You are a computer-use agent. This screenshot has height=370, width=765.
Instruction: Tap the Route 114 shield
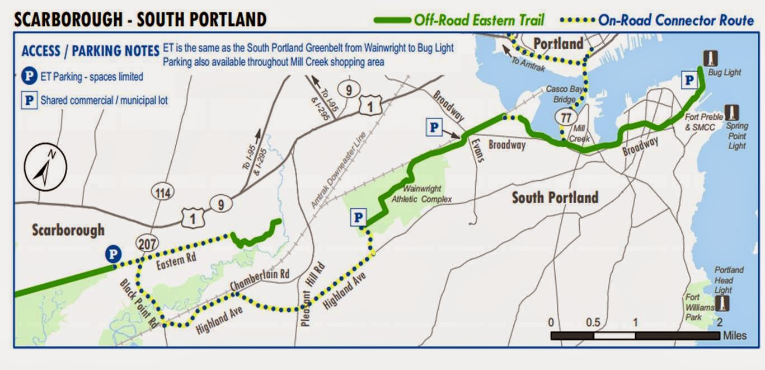click(x=162, y=193)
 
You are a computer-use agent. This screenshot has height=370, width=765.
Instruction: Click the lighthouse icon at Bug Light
click(x=710, y=58)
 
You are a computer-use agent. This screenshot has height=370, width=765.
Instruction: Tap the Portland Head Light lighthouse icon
click(x=724, y=303)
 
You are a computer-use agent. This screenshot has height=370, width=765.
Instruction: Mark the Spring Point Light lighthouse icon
click(x=731, y=112)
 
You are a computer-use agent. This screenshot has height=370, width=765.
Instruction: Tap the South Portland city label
click(x=555, y=198)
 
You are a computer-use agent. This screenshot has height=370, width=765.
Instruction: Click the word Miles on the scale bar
click(x=734, y=335)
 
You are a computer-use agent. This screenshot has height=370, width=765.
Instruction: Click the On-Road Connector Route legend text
click(x=676, y=21)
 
